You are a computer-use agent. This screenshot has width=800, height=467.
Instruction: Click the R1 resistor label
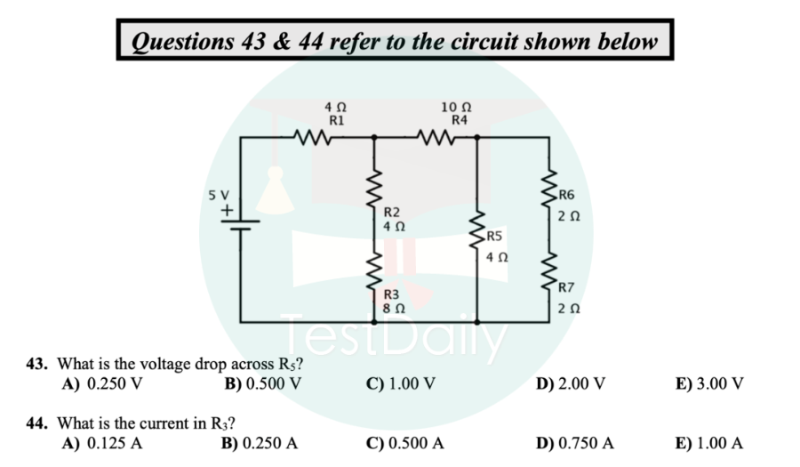click(x=337, y=117)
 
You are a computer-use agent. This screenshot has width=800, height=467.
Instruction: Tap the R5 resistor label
click(x=495, y=237)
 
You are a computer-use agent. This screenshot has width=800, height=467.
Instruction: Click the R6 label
click(x=567, y=195)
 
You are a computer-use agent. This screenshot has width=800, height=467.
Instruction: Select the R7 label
click(x=567, y=286)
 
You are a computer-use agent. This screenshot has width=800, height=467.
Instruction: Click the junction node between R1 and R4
click(x=373, y=138)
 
